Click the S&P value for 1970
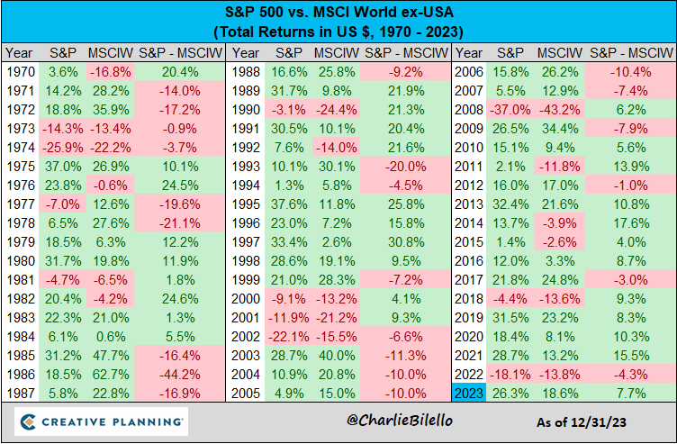point(63,71)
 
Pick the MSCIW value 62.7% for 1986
point(111,374)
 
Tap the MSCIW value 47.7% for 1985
point(111,355)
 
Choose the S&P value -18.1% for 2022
point(510,374)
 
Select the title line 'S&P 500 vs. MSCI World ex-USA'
point(338,14)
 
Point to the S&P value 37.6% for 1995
point(286,204)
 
